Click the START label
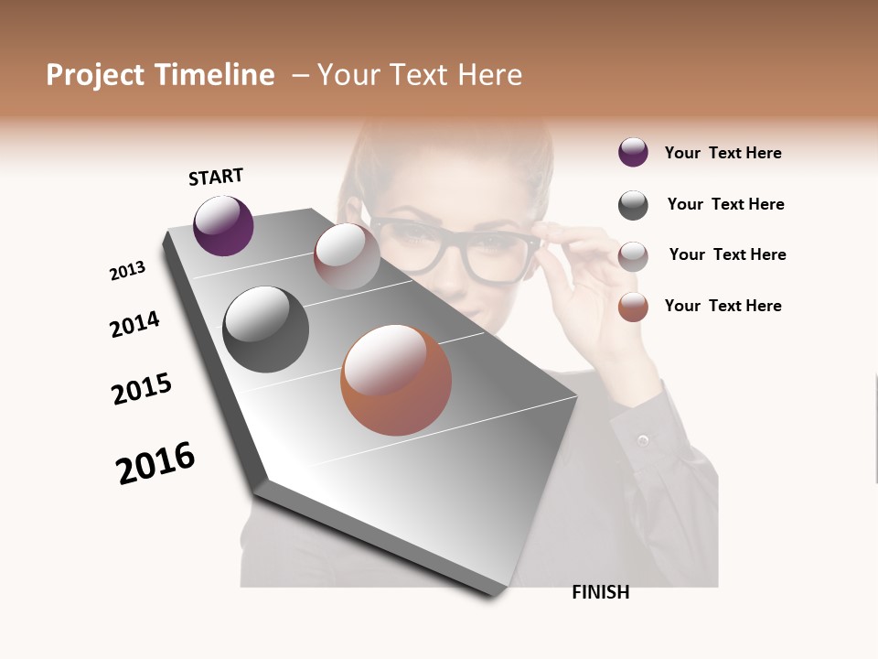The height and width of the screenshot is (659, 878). (x=216, y=177)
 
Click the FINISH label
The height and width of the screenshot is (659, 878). (x=600, y=592)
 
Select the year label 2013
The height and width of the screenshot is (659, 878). (x=127, y=271)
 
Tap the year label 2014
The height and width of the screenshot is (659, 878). (x=134, y=324)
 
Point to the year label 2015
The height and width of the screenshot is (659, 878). (x=142, y=389)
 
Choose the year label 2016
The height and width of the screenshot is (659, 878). (x=155, y=462)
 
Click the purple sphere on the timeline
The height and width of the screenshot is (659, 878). (x=223, y=225)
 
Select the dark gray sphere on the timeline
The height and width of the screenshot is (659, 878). (x=265, y=329)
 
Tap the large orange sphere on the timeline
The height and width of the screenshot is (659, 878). (x=396, y=380)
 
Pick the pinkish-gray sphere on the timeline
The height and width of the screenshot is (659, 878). (x=347, y=255)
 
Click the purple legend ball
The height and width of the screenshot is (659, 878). (x=633, y=153)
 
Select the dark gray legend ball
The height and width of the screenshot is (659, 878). (x=633, y=205)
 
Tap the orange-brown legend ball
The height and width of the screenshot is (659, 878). (x=633, y=307)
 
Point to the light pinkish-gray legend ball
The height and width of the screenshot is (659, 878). (x=633, y=256)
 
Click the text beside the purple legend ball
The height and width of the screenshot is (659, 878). (x=723, y=153)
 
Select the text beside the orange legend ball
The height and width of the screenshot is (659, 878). (x=723, y=306)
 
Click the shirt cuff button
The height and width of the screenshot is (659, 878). (x=643, y=441)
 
